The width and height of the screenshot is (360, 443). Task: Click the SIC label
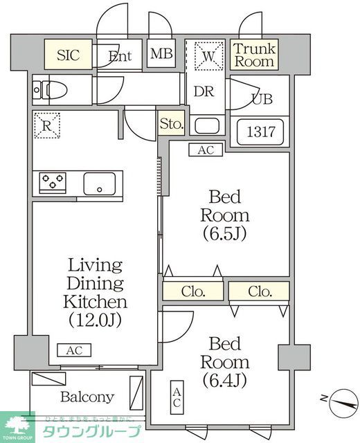(68, 55)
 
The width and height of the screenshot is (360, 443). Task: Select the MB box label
(162, 54)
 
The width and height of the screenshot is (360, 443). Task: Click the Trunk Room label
(254, 55)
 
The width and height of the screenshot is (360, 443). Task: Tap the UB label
(262, 98)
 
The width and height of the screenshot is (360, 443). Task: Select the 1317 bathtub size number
(261, 132)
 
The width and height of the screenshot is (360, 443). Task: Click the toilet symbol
(53, 90)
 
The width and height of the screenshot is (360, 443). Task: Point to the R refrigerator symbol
(47, 125)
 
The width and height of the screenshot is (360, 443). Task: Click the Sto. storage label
(171, 125)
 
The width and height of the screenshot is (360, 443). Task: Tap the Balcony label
(87, 397)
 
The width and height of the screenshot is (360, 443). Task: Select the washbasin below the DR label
(206, 126)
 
